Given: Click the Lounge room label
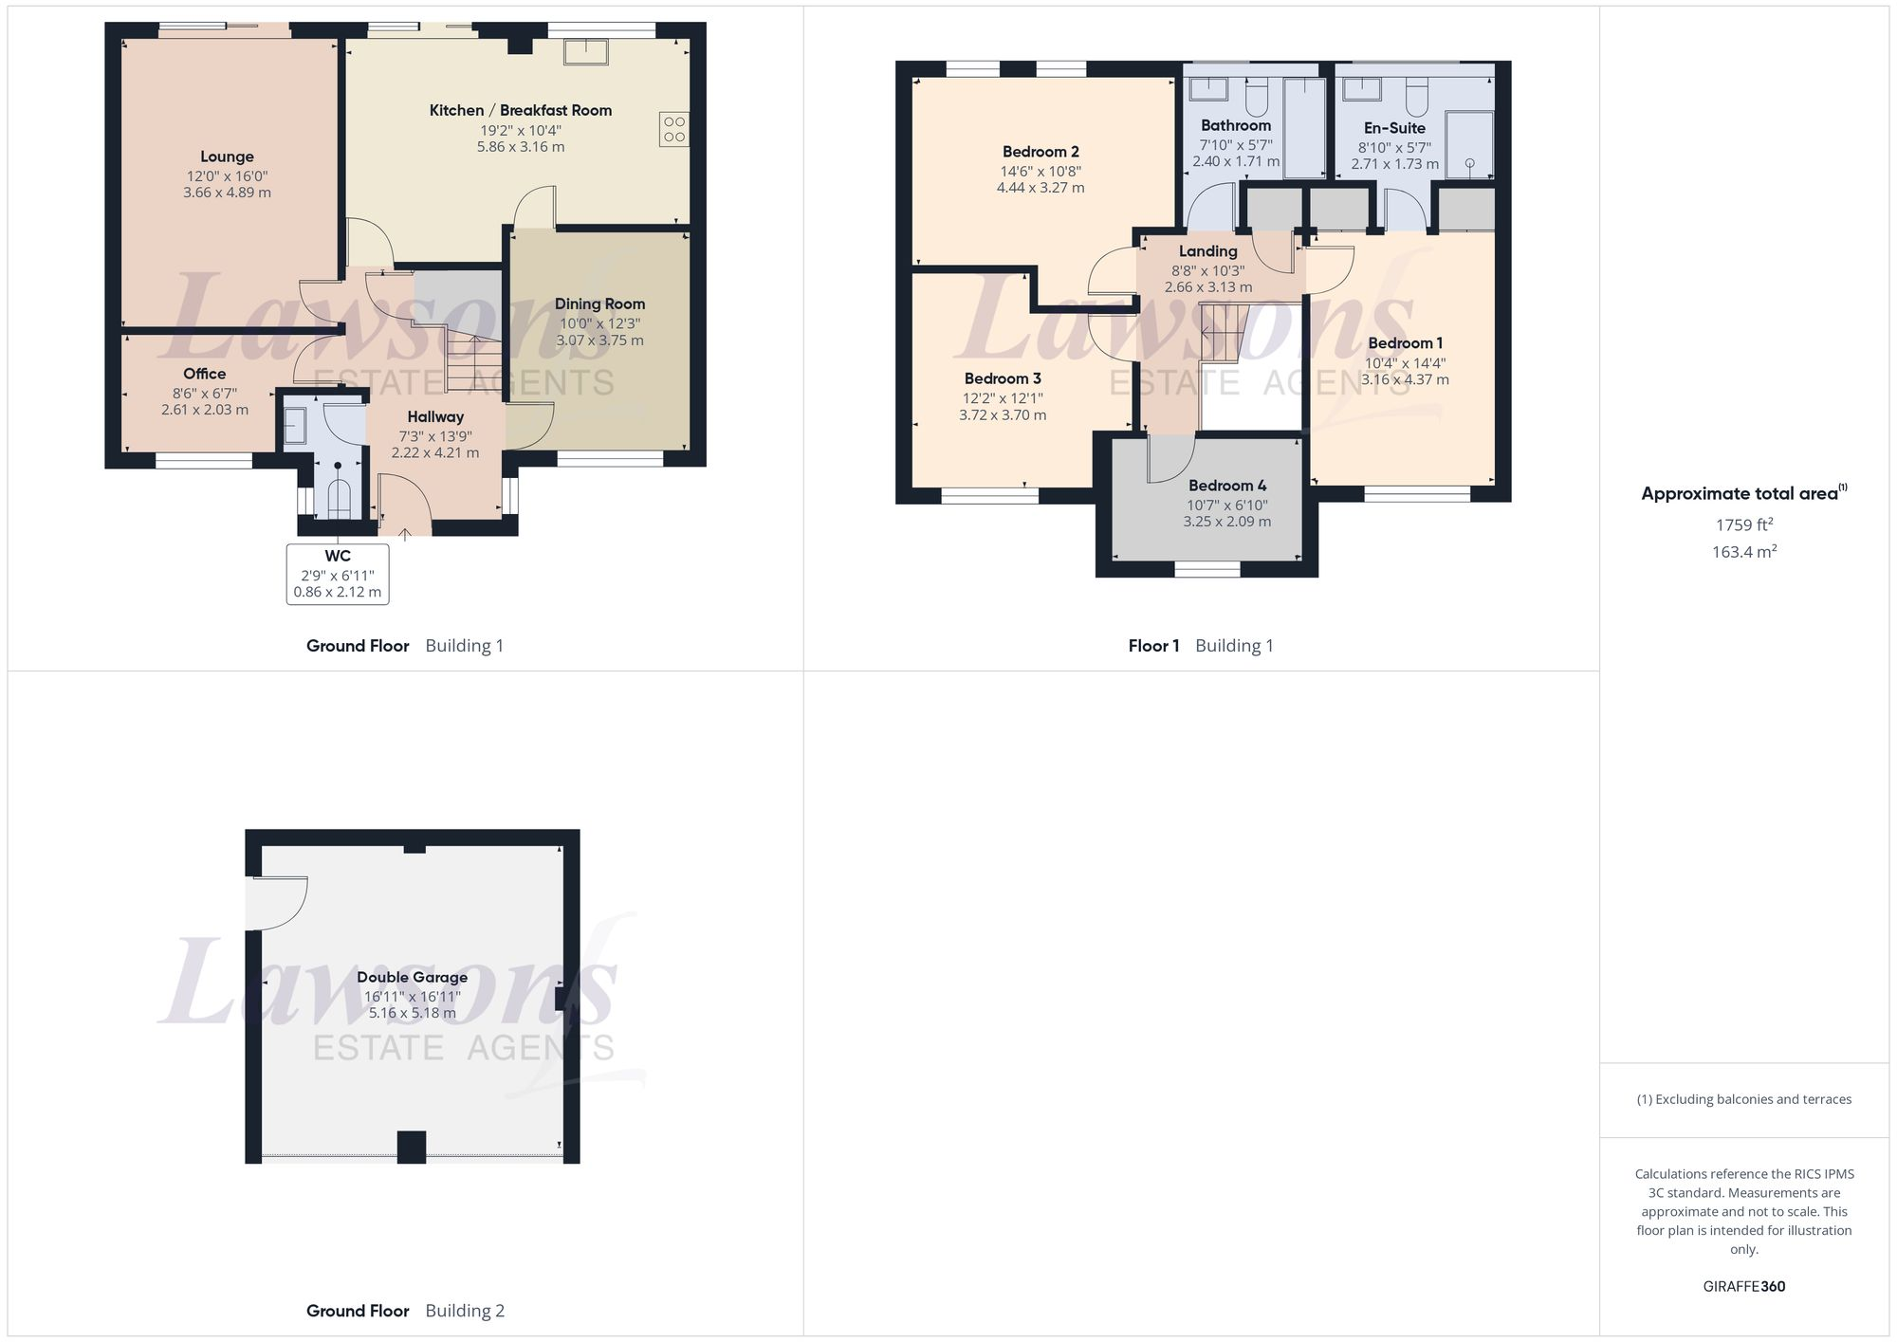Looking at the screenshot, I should coord(227,156).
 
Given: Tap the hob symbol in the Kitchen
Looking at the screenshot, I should coord(674,129).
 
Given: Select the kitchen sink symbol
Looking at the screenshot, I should coord(586,51).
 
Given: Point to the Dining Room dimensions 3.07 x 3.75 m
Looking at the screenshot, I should coord(599,340).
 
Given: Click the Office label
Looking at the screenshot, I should coord(204,374).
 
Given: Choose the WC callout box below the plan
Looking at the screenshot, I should coord(338,574).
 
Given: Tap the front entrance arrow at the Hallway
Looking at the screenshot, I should coord(405,534).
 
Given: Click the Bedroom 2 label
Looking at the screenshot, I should coord(1041,152).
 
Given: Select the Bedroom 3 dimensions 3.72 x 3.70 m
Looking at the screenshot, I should coord(1003,415).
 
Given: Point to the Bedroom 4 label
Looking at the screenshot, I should coord(1227,486).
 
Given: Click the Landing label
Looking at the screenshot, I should coord(1207,251).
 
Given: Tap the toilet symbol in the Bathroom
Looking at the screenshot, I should coord(1256,96).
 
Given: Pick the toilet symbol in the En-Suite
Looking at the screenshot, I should coord(1416,96).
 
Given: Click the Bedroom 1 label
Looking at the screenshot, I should coord(1405,343).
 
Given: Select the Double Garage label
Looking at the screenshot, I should coord(412,977).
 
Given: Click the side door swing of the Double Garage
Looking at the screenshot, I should coord(277,902).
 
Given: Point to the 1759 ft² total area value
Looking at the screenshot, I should coord(1743,524).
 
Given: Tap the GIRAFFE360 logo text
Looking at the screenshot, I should coord(1743,1287).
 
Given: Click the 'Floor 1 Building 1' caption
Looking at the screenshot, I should coord(1200,646).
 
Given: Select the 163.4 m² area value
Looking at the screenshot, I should coord(1743,552).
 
